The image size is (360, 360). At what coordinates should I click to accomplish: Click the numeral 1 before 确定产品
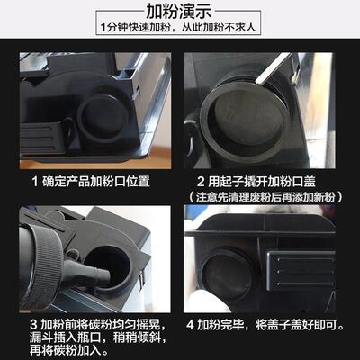point(34,181)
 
